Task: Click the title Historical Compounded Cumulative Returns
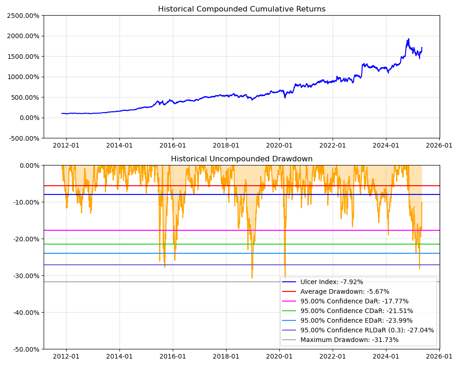242,9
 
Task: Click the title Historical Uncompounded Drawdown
242,159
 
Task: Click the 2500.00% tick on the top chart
23,16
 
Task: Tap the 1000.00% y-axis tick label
23,77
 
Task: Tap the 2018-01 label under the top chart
226,146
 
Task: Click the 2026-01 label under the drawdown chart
439,357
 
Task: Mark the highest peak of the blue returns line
408,39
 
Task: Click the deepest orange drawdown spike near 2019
252,278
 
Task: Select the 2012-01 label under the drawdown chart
66,357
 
